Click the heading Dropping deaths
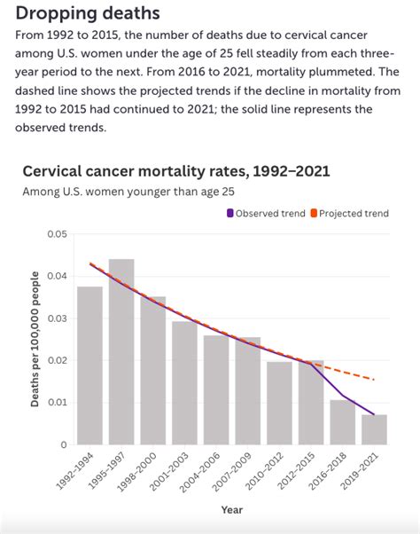point(89,13)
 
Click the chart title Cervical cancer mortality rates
point(176,170)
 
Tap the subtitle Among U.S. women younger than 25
point(128,191)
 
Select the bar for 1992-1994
point(89,365)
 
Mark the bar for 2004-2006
point(216,389)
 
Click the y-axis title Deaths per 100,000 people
point(36,339)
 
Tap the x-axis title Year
point(231,510)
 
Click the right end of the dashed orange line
point(373,380)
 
